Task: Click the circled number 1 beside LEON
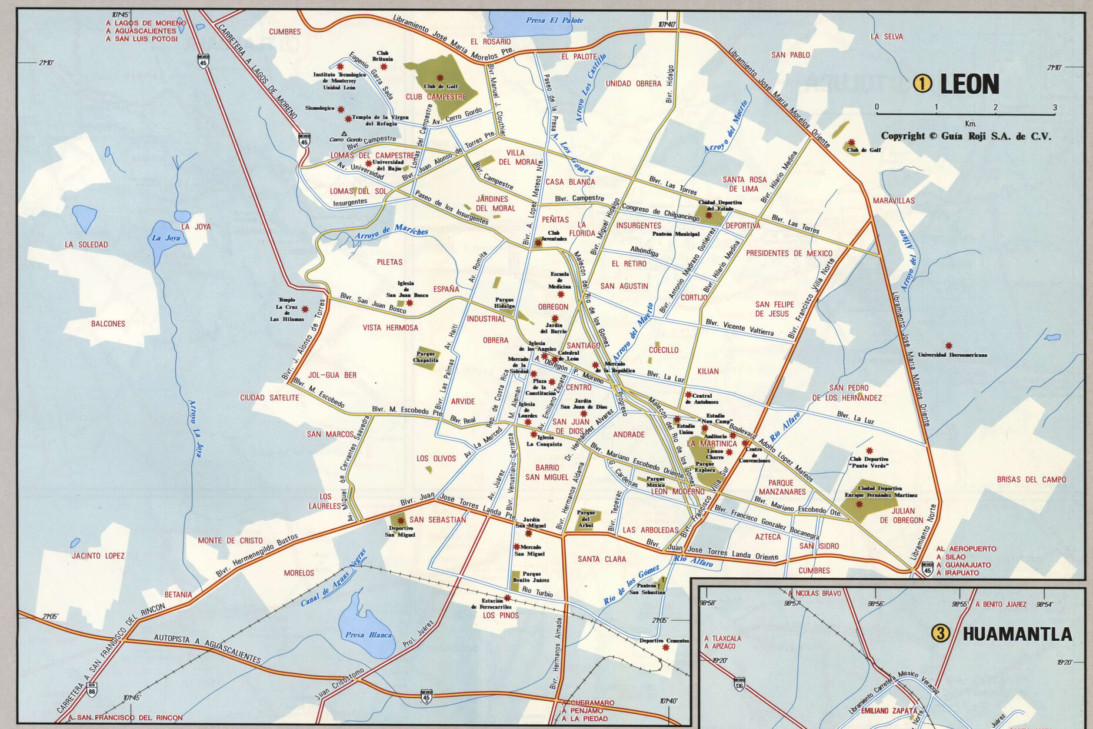(x=922, y=84)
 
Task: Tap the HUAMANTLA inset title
(x=1017, y=634)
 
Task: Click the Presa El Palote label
(x=554, y=21)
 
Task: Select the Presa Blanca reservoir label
(x=368, y=635)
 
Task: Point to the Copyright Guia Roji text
(x=965, y=136)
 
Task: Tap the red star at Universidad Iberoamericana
(x=948, y=346)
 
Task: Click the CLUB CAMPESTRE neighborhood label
(x=435, y=97)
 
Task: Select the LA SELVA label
(x=886, y=36)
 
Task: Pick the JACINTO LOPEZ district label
(x=98, y=555)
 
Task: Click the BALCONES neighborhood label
(x=108, y=324)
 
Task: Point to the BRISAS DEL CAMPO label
(x=1031, y=480)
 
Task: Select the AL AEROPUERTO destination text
(x=966, y=549)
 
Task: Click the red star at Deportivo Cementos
(x=665, y=647)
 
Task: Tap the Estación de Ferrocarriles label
(x=492, y=604)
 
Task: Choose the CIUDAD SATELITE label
(x=269, y=398)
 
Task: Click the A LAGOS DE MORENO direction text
(x=145, y=23)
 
